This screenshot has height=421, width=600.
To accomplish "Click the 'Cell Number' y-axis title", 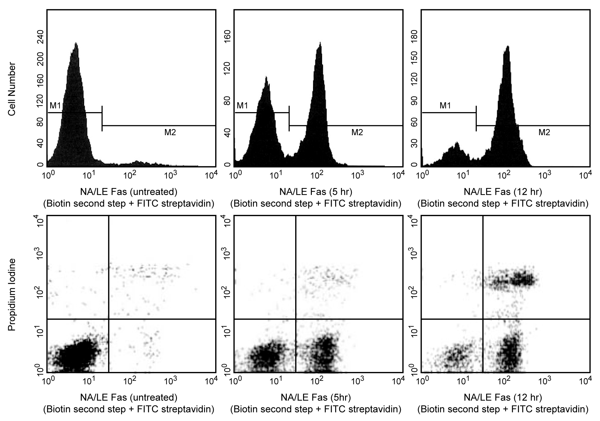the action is pyautogui.click(x=12, y=89).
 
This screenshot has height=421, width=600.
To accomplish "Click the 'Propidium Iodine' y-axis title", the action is pyautogui.click(x=12, y=295).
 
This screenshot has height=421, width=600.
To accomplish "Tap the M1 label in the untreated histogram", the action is pyautogui.click(x=55, y=106).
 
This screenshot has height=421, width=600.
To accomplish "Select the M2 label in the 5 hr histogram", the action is pyautogui.click(x=357, y=133).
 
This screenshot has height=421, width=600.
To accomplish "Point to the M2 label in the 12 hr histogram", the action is pyautogui.click(x=544, y=133).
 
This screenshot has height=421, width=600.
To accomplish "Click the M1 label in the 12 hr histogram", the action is pyautogui.click(x=445, y=106).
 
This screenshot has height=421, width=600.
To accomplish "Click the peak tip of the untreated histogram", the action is pyautogui.click(x=76, y=43).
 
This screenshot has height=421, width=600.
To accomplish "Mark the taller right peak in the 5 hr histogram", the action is pyautogui.click(x=320, y=42).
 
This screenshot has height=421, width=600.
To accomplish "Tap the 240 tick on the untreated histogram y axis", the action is pyautogui.click(x=40, y=36).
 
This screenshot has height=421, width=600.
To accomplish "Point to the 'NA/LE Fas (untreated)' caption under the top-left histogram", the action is pyautogui.click(x=129, y=192).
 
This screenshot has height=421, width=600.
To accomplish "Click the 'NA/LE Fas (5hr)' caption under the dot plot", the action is pyautogui.click(x=316, y=397).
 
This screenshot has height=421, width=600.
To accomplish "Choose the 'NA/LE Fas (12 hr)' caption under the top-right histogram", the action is pyautogui.click(x=503, y=192).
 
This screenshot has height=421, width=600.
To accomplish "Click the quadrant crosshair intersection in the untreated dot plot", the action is pyautogui.click(x=109, y=319).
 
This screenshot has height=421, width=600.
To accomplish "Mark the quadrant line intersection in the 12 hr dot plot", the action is pyautogui.click(x=483, y=319).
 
